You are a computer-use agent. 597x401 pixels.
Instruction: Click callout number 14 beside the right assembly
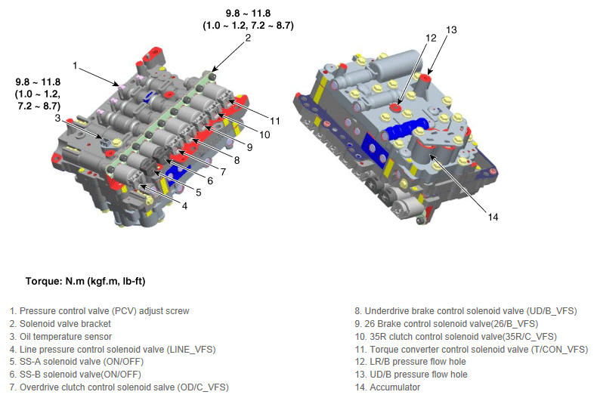point(493,217)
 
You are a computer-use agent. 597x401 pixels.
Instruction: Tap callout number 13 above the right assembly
point(451,30)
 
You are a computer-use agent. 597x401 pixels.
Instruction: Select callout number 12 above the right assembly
point(431,38)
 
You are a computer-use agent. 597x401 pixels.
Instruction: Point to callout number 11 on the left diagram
point(275,121)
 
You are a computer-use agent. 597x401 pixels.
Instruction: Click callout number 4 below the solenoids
point(184,206)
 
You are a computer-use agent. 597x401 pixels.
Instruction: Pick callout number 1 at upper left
point(75,66)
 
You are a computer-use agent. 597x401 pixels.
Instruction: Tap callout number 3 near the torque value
point(57,118)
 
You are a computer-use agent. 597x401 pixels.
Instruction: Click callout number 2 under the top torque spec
point(248,38)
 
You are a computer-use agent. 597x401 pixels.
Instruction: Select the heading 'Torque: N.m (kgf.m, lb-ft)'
point(85,282)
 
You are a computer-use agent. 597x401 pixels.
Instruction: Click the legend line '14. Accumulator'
point(387,387)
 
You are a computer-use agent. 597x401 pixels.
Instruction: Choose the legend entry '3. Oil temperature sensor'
point(60,337)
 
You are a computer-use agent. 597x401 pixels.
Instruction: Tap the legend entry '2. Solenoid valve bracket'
point(60,324)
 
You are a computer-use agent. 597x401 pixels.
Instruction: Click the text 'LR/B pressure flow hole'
point(418,362)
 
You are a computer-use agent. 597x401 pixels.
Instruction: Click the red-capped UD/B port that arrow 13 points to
point(426,79)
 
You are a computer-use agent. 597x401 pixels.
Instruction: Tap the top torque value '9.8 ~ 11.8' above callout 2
point(248,14)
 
